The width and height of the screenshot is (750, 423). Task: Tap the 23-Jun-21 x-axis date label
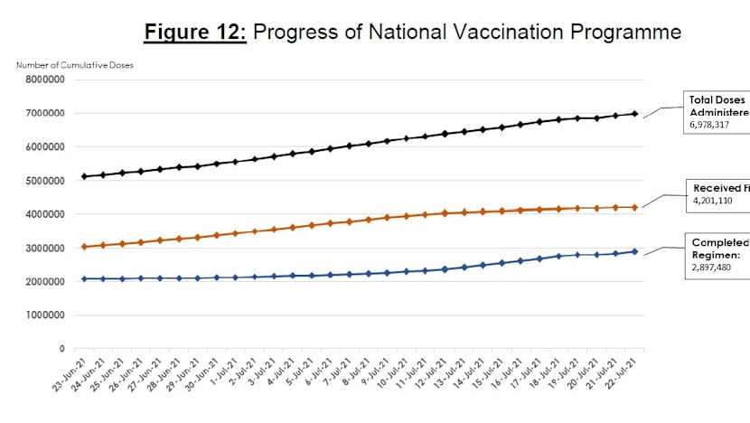coord(63,384)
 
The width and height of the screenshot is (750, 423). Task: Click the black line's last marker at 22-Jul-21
coord(634,114)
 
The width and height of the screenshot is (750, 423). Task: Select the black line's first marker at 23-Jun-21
coord(84,176)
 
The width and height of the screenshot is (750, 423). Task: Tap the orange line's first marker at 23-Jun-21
coord(84,247)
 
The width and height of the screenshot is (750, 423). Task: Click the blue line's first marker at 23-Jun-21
coord(84,278)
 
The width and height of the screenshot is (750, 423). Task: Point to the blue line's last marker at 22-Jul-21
coord(634,252)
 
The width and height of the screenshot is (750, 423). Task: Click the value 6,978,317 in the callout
coord(714,127)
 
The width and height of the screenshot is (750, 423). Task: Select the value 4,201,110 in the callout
coord(714,202)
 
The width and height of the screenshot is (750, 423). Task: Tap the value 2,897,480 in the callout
coord(714,269)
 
